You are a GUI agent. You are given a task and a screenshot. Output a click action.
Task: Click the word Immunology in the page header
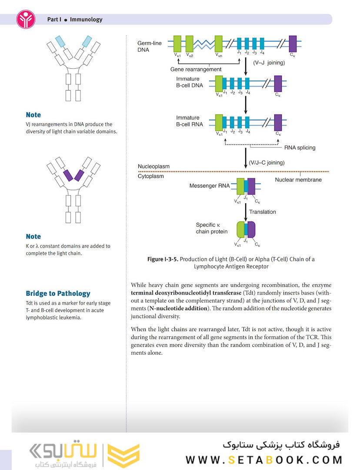click(86, 20)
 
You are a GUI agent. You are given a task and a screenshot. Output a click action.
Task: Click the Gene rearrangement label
click(196, 69)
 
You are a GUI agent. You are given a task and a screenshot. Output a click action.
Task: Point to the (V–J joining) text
click(269, 63)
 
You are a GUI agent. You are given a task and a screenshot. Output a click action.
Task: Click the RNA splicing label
click(300, 148)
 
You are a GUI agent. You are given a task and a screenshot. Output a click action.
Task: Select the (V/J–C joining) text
click(267, 163)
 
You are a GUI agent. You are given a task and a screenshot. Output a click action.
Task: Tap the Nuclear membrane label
click(299, 180)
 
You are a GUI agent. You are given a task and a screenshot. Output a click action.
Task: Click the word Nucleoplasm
click(153, 167)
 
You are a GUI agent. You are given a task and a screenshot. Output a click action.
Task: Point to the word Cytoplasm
click(150, 176)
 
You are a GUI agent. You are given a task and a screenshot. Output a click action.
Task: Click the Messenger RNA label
click(209, 186)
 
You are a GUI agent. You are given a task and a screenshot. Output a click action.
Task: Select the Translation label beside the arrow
click(262, 212)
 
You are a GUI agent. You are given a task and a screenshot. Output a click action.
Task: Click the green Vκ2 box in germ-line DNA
click(190, 44)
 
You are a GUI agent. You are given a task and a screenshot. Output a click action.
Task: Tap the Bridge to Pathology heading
click(58, 293)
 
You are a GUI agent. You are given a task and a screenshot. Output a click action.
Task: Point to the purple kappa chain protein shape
click(251, 229)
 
